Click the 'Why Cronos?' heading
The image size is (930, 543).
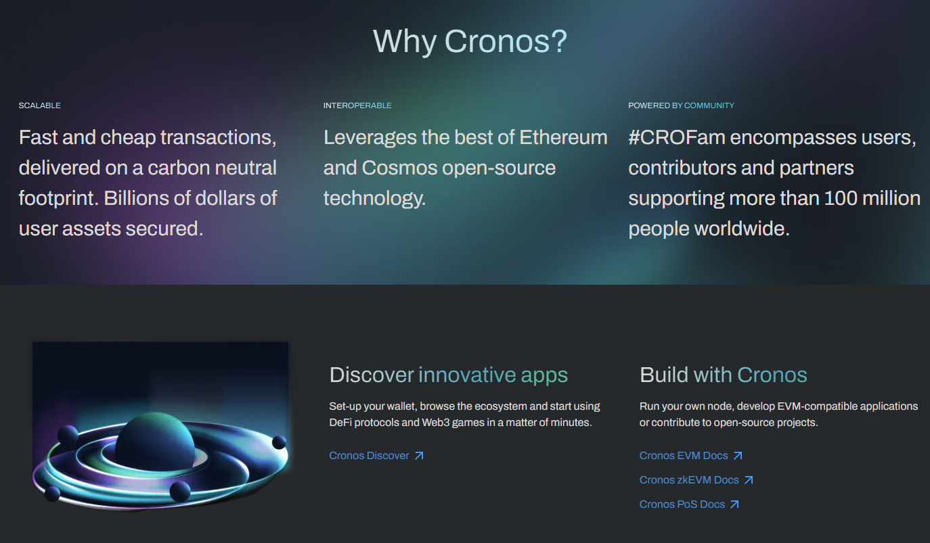pos(470,41)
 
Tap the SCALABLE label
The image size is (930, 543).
pos(40,105)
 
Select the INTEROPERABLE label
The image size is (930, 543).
pos(357,105)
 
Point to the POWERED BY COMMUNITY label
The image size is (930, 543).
pos(681,105)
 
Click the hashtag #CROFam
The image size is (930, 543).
pos(677,137)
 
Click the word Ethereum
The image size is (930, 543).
pos(563,137)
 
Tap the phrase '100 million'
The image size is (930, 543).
pos(872,198)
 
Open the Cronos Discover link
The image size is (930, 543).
pos(369,456)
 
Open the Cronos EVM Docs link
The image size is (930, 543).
pos(684,456)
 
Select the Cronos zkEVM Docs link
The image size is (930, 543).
pos(689,480)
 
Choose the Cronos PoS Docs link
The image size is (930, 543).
pos(682,504)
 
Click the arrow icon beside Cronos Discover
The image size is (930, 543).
pos(419,456)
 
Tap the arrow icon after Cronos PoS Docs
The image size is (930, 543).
pos(734,504)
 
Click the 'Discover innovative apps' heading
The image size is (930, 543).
pos(448,375)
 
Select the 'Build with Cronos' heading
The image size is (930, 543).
pos(723,375)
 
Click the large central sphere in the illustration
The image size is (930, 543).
pos(154,440)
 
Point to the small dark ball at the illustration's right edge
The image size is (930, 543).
pos(279,443)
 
